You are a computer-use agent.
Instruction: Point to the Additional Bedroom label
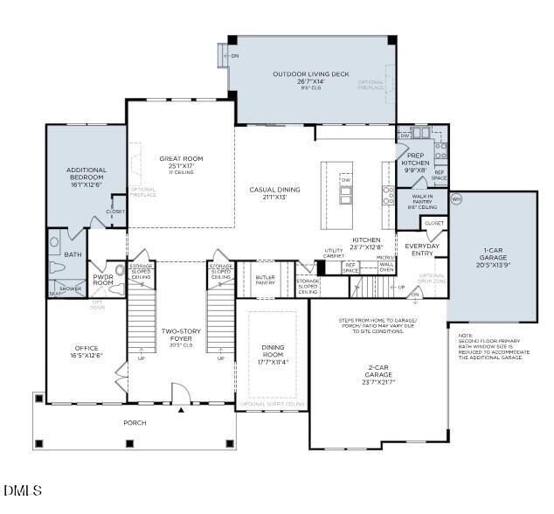point(87,174)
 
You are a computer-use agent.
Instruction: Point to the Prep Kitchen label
point(414,163)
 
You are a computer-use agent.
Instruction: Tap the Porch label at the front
point(135,423)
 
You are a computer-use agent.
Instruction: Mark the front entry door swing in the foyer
point(180,394)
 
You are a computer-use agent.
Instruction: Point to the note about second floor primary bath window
point(490,345)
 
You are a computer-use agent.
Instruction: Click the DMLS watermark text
point(22,491)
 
